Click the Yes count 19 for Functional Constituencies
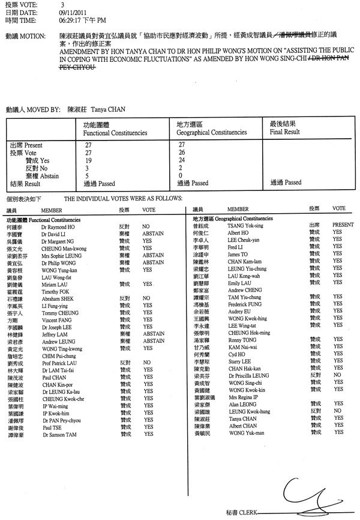(88, 160)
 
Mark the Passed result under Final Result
(286, 182)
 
